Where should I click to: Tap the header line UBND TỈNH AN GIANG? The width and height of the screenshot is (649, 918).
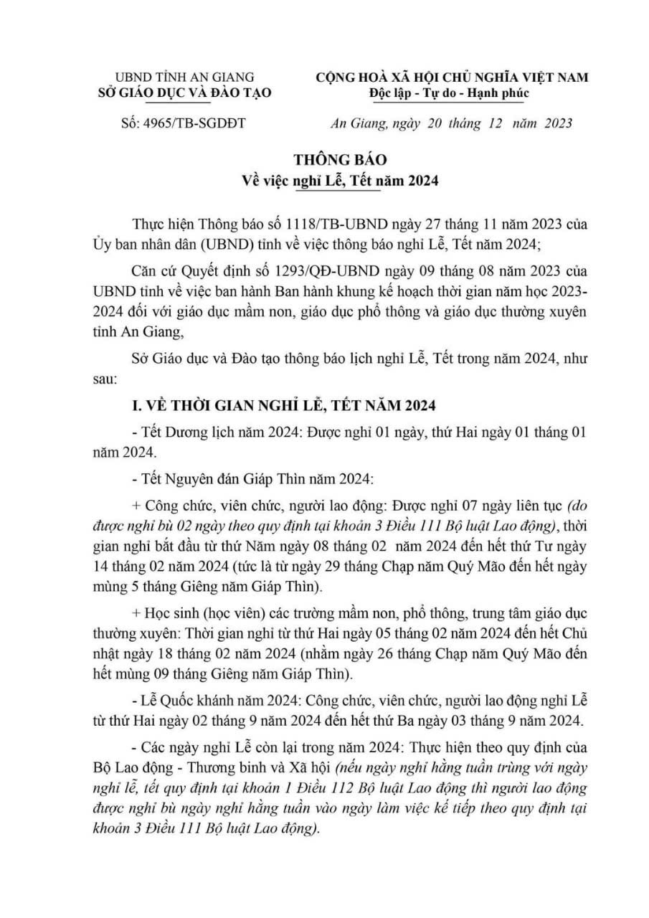click(x=185, y=76)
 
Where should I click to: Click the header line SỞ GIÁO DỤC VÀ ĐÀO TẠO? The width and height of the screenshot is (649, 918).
click(x=185, y=92)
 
